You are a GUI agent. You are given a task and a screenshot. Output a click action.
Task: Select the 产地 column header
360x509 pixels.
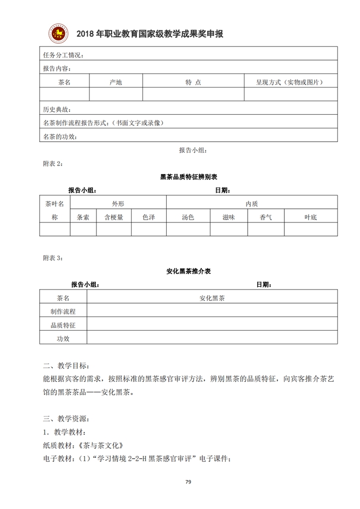coord(115,82)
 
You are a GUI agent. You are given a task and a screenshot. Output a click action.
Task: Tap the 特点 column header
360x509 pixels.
coord(193,82)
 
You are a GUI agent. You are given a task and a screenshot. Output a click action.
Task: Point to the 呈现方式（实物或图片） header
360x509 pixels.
coord(290,82)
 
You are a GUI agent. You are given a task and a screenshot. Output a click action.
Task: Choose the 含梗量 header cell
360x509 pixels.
coord(113,217)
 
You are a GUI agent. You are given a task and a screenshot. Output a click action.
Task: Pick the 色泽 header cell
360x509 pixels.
coord(149,217)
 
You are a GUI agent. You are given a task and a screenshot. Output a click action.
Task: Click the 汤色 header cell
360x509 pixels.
coord(188,217)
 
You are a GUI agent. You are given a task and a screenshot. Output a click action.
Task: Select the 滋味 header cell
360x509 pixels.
coord(229,217)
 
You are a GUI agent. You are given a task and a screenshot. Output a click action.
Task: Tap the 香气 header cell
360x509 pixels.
coord(266,217)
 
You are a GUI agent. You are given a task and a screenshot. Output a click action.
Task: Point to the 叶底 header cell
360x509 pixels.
coord(311,217)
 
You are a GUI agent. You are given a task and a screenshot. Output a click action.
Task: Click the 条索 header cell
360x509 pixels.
coord(83,217)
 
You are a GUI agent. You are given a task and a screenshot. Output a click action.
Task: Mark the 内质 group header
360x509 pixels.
coord(252,203)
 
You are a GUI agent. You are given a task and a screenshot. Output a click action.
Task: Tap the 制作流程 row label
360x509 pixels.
coord(63,312)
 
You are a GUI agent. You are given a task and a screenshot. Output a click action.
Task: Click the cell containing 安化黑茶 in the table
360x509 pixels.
coord(212,298)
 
